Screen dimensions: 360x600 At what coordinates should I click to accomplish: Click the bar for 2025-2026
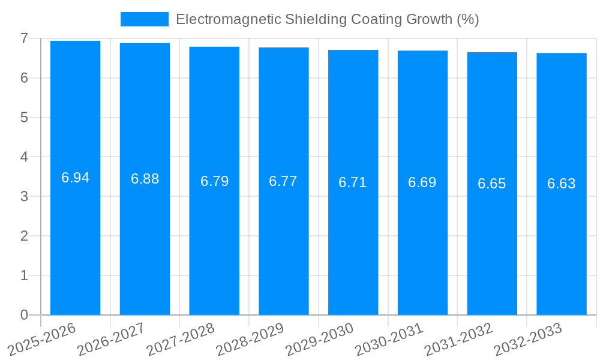click(75, 240)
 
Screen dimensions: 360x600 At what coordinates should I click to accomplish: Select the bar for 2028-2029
click(283, 240)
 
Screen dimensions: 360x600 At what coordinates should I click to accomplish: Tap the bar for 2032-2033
click(561, 240)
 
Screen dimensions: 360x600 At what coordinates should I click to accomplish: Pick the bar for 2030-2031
click(422, 240)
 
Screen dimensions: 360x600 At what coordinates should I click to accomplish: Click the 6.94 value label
click(75, 178)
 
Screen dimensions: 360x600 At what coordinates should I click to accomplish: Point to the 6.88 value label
click(145, 179)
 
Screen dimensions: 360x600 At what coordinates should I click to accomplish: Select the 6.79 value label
click(214, 181)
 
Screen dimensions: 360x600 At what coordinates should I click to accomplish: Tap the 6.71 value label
click(353, 182)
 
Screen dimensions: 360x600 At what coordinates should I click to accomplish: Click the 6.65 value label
click(491, 184)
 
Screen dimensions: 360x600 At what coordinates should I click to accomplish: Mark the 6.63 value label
click(561, 184)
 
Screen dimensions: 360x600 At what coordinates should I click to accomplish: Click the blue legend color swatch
click(144, 19)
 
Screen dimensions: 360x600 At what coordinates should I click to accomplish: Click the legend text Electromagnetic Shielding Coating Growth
click(327, 19)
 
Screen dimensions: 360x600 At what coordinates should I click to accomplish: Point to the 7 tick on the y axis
click(24, 38)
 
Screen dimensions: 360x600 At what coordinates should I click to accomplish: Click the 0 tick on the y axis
click(24, 315)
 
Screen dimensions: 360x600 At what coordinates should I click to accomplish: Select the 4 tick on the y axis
click(24, 157)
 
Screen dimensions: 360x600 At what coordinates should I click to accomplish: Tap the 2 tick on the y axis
click(24, 236)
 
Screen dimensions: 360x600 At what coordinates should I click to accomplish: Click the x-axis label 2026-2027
click(112, 339)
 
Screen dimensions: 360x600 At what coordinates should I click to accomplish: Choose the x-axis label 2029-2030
click(320, 339)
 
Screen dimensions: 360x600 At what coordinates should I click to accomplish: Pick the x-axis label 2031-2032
click(458, 339)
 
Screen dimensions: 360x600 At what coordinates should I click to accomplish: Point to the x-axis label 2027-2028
click(181, 339)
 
